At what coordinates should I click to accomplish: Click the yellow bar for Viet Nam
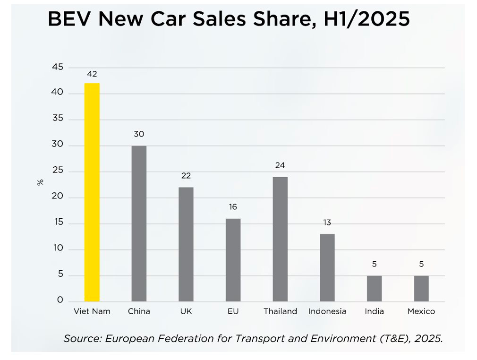pos(92,192)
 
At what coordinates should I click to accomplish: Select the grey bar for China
pos(139,223)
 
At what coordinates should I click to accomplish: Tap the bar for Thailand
pos(280,239)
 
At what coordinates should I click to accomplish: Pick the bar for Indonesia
pos(327,267)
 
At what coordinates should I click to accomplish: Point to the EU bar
pos(233,260)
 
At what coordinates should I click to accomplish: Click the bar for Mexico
pos(421,288)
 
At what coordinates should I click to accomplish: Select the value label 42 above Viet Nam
pos(92,74)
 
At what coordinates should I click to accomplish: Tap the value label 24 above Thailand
pos(280,165)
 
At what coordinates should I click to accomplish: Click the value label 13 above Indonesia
pos(327,223)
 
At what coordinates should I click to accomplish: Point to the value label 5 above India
pos(375,264)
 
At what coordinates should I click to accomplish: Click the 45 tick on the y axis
pos(57,68)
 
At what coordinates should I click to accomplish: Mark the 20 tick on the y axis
pos(57,197)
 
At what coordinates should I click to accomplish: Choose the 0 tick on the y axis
pos(60,300)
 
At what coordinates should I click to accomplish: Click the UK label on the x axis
pos(186,311)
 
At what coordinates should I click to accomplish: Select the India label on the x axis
pos(375,311)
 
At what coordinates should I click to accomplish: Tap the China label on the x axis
pos(139,311)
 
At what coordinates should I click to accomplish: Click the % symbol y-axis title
pos(40,182)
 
